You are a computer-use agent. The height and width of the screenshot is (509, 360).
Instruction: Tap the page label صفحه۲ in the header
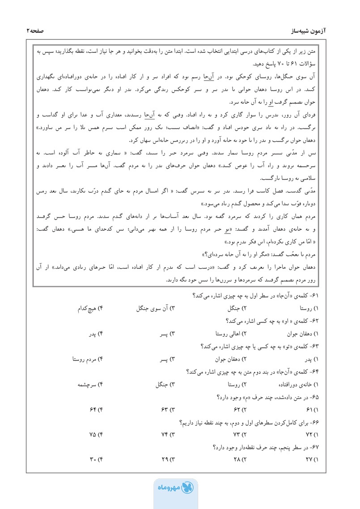(38, 30)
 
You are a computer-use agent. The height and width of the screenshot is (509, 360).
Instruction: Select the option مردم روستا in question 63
(88, 359)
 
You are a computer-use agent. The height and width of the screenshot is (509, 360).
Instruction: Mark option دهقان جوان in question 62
(301, 334)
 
